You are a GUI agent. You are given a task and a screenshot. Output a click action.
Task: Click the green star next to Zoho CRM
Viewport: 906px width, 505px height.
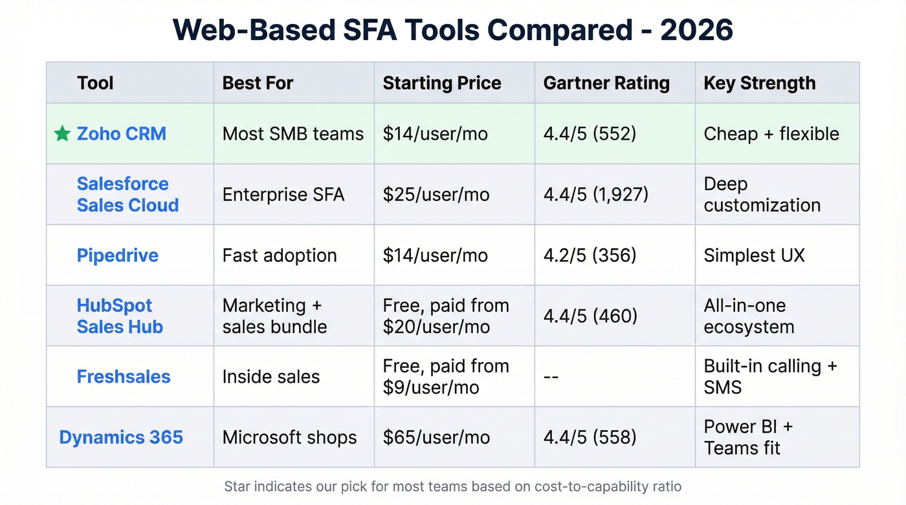[x=62, y=134]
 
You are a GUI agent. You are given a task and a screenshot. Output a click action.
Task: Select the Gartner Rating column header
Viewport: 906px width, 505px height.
[x=606, y=83]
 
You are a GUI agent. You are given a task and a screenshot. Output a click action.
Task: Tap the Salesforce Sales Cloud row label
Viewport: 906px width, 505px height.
[x=127, y=194]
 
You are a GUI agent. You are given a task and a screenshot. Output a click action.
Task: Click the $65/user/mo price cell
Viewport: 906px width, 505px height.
[x=436, y=437]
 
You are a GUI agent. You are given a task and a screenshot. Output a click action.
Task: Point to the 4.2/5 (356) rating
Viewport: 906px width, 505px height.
[x=590, y=255]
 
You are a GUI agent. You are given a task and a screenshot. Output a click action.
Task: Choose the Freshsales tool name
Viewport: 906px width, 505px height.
[x=124, y=376]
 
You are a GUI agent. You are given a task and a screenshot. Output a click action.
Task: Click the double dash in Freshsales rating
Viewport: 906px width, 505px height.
[x=551, y=377]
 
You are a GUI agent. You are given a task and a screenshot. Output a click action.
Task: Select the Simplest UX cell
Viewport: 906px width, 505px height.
[x=754, y=255]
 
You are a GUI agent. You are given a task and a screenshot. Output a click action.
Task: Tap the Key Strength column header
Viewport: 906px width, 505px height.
[x=759, y=83]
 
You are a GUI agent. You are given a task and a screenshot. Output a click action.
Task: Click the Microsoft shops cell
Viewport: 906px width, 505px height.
[x=289, y=437]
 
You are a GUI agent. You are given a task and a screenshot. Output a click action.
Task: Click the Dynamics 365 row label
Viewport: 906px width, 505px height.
[x=121, y=437]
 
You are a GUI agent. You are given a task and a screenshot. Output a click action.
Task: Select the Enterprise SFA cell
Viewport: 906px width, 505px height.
[x=283, y=195]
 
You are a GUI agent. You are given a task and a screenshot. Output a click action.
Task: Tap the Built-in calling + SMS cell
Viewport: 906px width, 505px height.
[x=770, y=376]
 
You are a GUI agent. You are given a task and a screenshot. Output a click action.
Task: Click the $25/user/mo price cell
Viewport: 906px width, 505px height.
[x=436, y=195]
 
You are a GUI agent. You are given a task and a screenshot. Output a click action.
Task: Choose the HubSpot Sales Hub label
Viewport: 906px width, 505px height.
[x=120, y=316]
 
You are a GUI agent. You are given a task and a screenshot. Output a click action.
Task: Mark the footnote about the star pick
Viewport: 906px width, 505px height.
[x=452, y=486]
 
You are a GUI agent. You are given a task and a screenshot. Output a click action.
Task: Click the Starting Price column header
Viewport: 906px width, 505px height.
[x=441, y=83]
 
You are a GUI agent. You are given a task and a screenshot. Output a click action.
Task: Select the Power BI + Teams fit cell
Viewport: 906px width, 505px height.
[x=747, y=437]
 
